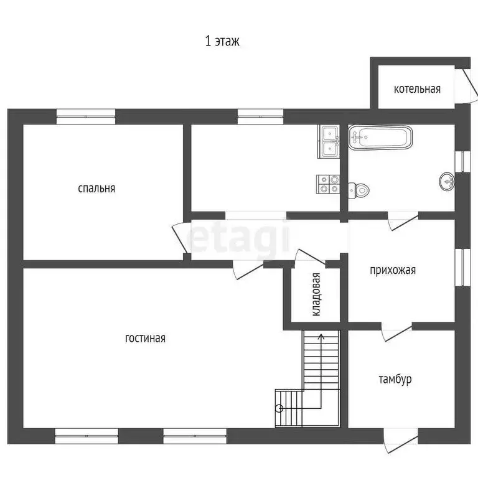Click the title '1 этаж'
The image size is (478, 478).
[222, 42]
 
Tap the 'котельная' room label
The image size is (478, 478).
[417, 89]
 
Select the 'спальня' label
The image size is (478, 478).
[96, 188]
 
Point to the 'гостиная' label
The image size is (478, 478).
[145, 339]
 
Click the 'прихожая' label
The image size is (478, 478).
[392, 270]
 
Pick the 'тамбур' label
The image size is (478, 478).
[395, 379]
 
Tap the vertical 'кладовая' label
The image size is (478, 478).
[317, 294]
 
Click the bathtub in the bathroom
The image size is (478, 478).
[380, 138]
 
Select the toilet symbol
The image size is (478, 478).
[360, 189]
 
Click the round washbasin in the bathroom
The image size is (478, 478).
[446, 181]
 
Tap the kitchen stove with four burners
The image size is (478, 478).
[328, 183]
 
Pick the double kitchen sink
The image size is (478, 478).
[328, 141]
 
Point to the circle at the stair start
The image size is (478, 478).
[279, 408]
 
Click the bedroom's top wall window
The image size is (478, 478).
[86, 114]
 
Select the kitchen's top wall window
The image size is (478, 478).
[260, 114]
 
